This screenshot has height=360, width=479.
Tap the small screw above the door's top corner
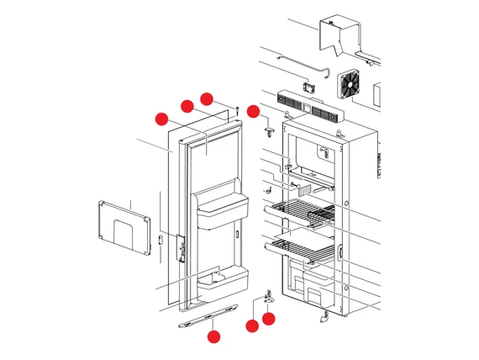(x=239, y=109)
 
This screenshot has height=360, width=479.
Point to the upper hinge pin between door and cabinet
(x=268, y=130)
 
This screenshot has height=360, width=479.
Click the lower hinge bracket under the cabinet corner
(x=269, y=296)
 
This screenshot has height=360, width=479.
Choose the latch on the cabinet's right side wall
(x=340, y=253)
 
